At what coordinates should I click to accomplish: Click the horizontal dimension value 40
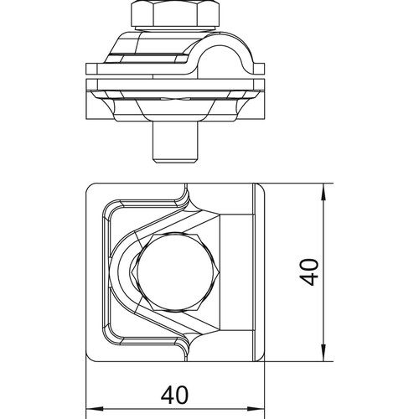(174, 395)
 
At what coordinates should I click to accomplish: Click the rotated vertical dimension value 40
(309, 272)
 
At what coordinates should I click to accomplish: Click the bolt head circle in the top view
(178, 272)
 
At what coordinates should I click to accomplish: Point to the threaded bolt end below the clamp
(176, 143)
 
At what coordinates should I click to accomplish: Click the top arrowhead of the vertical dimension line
(323, 192)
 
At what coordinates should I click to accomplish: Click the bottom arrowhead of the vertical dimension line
(323, 353)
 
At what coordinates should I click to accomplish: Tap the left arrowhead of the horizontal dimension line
(95, 409)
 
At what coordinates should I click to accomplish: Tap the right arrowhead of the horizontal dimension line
(256, 409)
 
